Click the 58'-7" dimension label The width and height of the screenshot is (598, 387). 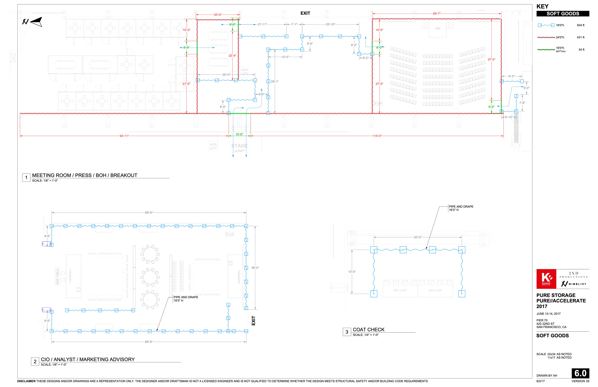point(437,14)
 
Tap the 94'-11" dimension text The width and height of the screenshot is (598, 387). point(124,136)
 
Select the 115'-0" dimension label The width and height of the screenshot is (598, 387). point(377,136)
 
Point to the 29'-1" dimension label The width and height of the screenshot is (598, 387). point(275,81)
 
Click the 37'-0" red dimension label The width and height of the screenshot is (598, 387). point(491,60)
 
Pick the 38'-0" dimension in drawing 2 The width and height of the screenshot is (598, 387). point(255,268)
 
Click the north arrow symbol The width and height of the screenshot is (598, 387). point(33,22)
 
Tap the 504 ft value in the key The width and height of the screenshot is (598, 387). point(580,25)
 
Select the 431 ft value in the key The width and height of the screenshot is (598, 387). point(580,37)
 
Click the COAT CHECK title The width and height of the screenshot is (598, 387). point(368,330)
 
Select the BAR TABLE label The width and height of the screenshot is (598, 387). point(57,276)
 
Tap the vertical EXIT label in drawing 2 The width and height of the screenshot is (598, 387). point(253,321)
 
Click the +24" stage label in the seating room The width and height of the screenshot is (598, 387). point(437,29)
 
